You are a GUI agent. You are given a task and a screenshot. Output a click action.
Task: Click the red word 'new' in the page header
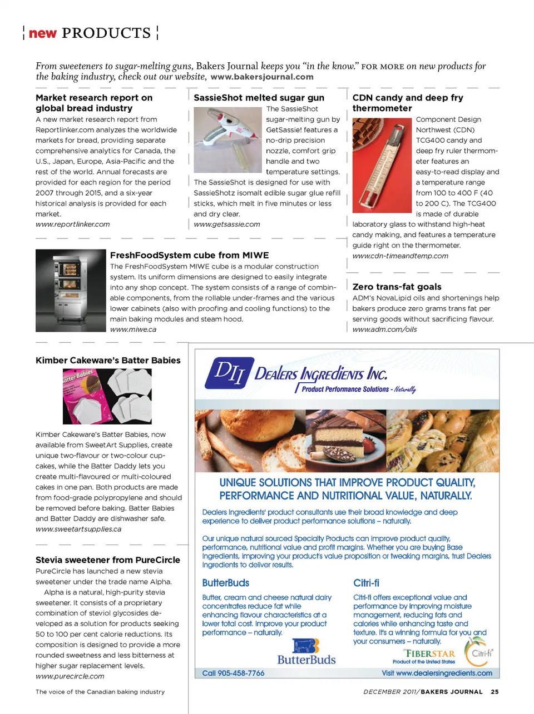click(x=43, y=33)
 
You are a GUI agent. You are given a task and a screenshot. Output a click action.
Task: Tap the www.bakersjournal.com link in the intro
click(x=262, y=77)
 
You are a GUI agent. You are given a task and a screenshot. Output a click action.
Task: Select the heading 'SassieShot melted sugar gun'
click(x=259, y=98)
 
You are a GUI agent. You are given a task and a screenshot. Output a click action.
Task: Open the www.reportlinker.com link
click(x=72, y=224)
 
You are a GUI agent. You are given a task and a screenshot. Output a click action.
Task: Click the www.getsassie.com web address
click(x=226, y=224)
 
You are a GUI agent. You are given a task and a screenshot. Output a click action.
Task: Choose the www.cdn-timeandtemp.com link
click(x=400, y=256)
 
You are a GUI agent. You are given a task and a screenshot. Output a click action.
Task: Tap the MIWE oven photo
click(x=71, y=290)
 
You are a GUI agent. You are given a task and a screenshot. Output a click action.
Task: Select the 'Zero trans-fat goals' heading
click(x=397, y=287)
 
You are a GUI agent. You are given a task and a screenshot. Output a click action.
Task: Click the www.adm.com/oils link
click(x=384, y=329)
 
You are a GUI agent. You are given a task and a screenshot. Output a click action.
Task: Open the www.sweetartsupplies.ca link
click(x=78, y=530)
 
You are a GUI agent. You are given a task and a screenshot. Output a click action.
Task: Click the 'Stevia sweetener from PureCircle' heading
click(x=108, y=560)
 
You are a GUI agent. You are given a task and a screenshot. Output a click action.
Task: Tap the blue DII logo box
click(x=229, y=372)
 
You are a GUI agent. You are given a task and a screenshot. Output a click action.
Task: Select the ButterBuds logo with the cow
click(x=306, y=652)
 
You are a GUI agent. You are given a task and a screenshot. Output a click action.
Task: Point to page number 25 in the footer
click(x=495, y=692)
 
